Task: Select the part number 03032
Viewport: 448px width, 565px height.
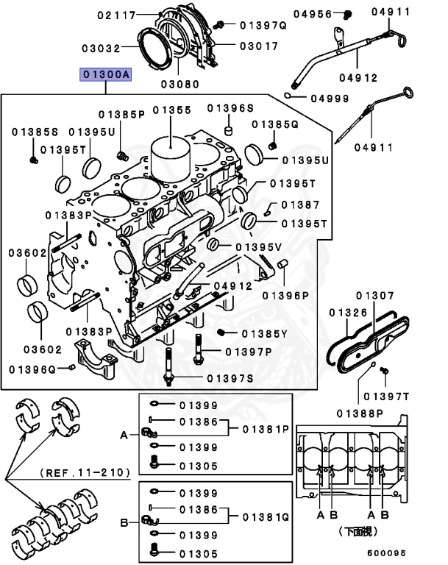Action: [100, 48]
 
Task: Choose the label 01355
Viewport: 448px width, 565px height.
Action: [171, 110]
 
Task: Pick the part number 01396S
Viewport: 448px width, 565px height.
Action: [230, 108]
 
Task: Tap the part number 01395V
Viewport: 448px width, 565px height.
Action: [257, 246]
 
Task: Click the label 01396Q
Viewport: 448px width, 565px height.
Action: [32, 367]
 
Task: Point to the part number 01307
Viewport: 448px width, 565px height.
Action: [375, 296]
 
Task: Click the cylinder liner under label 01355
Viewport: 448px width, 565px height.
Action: [171, 156]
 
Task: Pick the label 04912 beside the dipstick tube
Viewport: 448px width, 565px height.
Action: [358, 77]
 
